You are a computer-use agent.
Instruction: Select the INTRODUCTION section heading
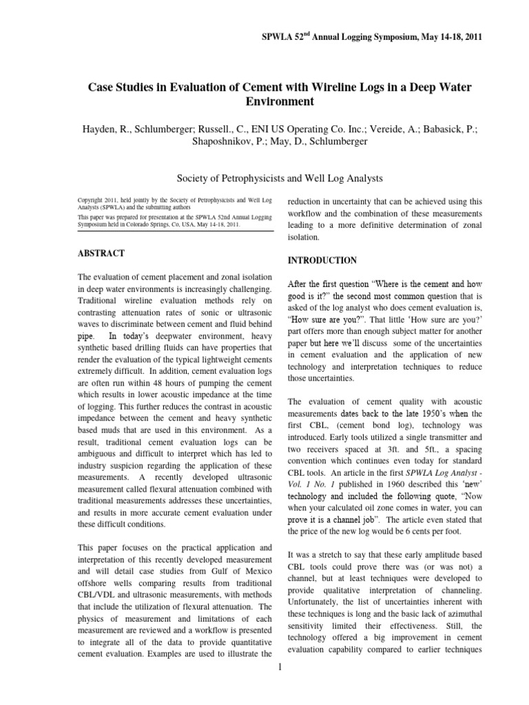[x=322, y=260]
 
